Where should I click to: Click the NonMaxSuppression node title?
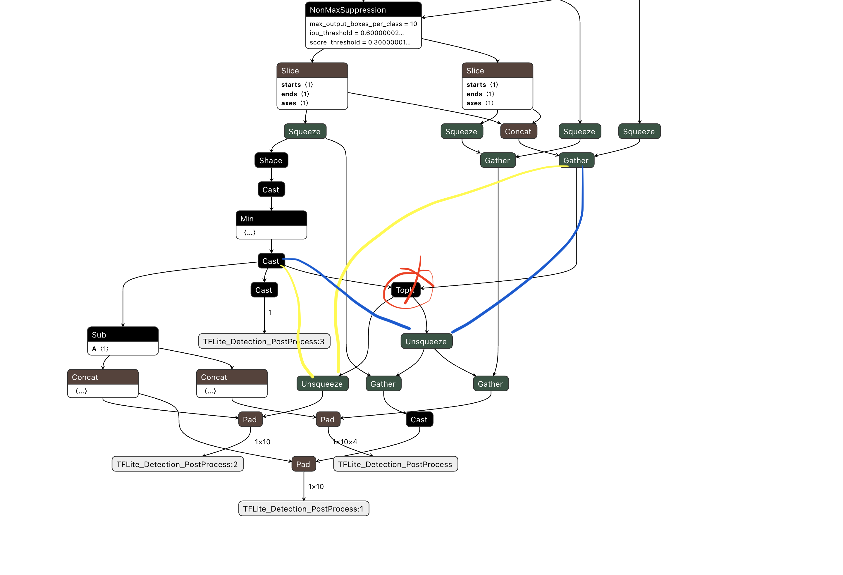(347, 10)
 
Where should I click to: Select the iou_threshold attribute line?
(356, 33)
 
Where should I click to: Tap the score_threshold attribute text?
(360, 42)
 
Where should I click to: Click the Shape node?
(271, 160)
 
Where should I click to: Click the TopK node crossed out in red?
(405, 290)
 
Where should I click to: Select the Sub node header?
(123, 335)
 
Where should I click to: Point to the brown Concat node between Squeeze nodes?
(518, 131)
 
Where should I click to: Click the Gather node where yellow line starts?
(576, 160)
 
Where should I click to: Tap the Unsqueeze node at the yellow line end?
(322, 384)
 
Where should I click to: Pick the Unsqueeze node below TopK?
(426, 341)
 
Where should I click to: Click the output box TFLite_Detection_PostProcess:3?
(264, 341)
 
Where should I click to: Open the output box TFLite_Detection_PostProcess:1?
(303, 509)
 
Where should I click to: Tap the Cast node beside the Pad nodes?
(419, 419)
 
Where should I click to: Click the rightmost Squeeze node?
(639, 131)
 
